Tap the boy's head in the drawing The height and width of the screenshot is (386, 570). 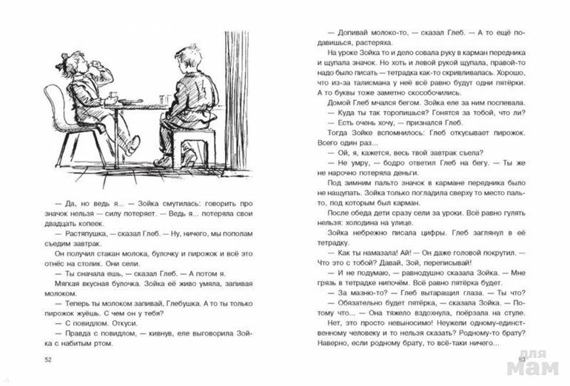click(184, 59)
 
